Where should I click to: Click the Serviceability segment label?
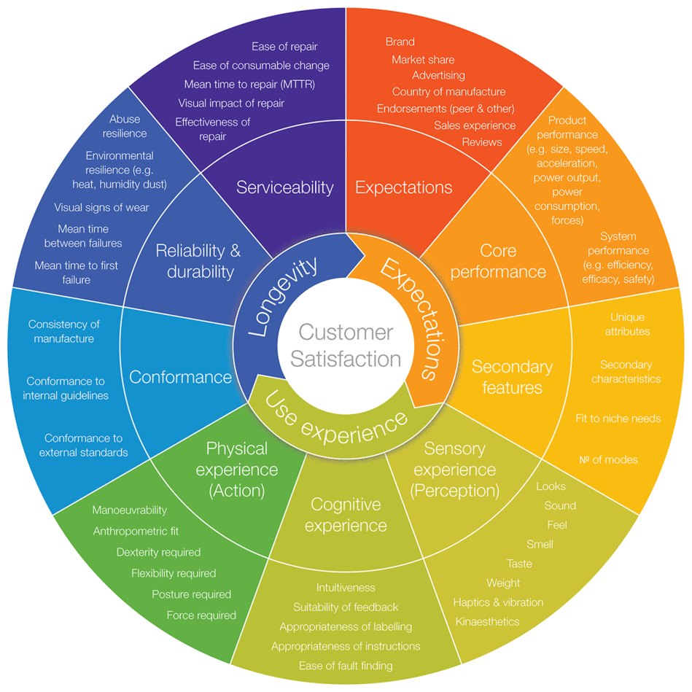point(284,187)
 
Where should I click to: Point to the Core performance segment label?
point(498,261)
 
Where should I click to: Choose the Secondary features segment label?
point(512,376)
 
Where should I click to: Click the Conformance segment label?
point(180,377)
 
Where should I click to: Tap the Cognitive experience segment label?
point(346,515)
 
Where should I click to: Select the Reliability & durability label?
point(198,261)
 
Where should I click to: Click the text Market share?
point(423,60)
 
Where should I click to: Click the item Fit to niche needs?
point(618,419)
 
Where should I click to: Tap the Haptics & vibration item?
point(498,602)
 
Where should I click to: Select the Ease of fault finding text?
point(346,665)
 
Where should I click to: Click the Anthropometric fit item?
point(136,531)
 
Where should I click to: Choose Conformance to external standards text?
point(83,445)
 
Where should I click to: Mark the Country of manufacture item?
point(448,91)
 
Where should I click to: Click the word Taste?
point(519,564)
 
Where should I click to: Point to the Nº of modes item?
point(608,459)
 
